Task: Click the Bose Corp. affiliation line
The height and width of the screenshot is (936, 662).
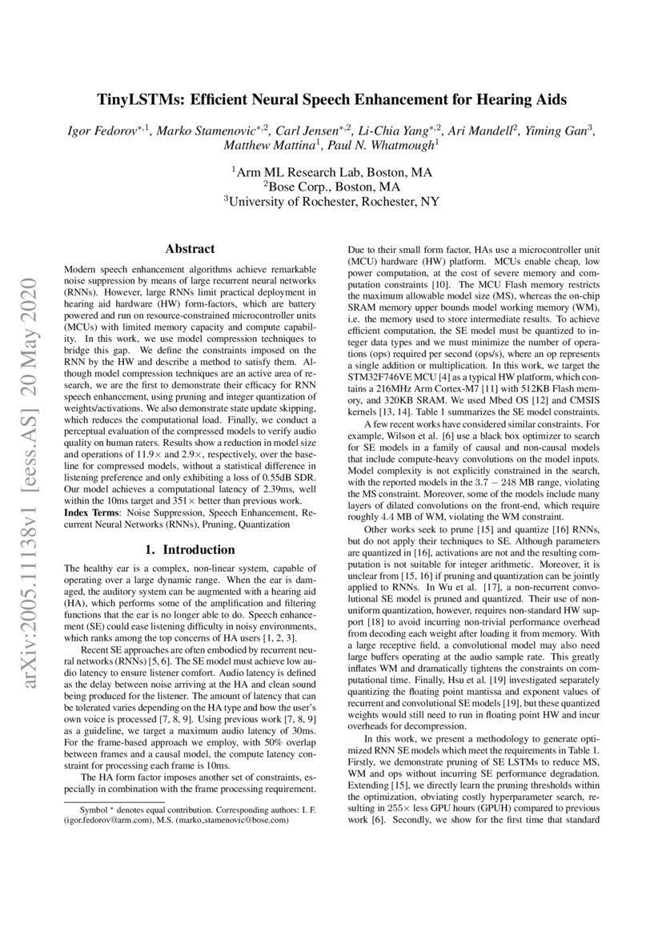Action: (x=331, y=186)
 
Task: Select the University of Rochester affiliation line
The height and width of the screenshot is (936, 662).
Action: (x=331, y=201)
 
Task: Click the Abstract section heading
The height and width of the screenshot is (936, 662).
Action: (x=189, y=249)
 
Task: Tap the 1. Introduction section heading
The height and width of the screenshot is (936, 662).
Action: (x=189, y=550)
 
